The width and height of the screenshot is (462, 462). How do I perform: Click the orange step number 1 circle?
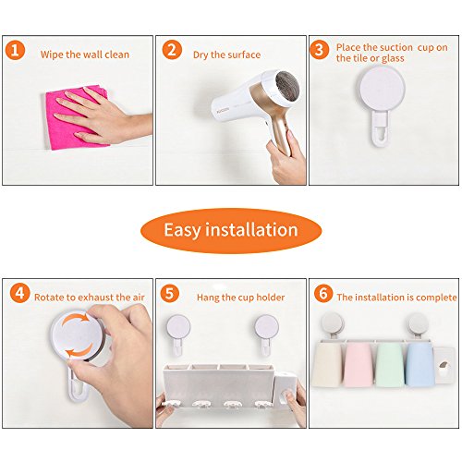[x=15, y=50]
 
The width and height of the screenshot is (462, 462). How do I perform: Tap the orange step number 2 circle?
[x=172, y=50]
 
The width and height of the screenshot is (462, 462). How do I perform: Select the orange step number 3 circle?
[x=320, y=50]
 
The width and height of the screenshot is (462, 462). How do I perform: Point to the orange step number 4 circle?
[x=19, y=293]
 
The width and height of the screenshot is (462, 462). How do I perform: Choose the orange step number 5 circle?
[x=170, y=293]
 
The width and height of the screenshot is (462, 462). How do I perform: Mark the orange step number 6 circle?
[x=323, y=293]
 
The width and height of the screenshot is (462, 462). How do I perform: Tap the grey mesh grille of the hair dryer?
[x=287, y=85]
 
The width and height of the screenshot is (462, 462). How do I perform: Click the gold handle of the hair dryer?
[x=280, y=132]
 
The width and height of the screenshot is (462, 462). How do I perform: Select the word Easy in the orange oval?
[x=182, y=230]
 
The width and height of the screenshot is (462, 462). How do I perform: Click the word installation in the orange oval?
[x=251, y=230]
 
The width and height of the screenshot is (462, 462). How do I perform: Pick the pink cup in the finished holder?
[x=359, y=365]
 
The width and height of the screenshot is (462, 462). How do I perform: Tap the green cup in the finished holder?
[x=389, y=365]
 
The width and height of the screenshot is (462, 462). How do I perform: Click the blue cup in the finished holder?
[x=419, y=364]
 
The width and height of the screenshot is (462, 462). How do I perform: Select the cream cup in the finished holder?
[x=327, y=365]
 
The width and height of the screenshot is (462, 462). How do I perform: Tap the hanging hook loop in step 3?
[x=381, y=128]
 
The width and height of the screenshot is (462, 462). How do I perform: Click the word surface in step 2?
[x=244, y=55]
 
